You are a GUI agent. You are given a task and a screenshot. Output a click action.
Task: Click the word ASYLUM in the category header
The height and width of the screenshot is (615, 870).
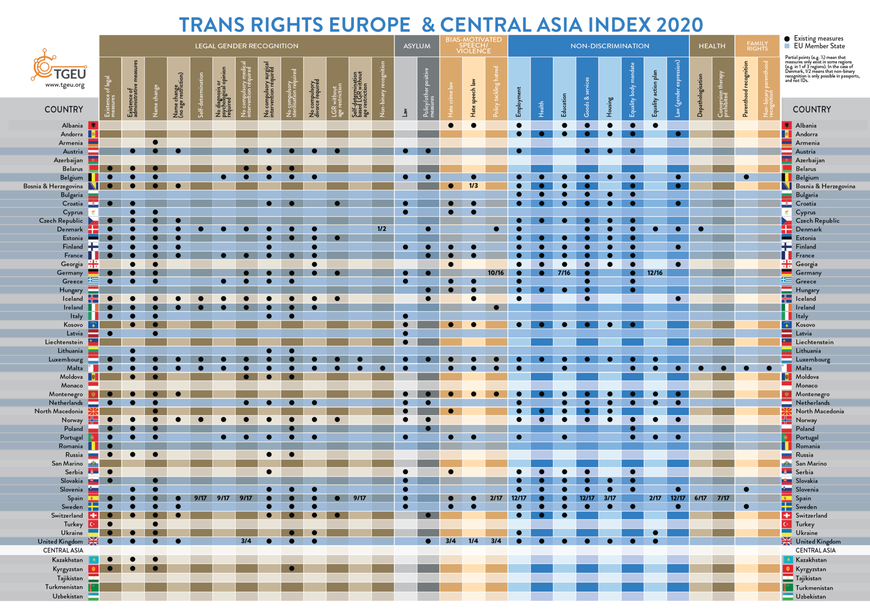[x=417, y=46]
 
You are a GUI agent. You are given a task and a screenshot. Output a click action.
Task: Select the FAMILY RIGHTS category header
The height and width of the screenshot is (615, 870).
[x=757, y=46]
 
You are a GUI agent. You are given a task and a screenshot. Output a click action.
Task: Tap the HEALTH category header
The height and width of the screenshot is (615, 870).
[x=712, y=46]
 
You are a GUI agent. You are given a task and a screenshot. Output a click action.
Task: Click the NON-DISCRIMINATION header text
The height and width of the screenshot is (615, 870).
[x=610, y=46]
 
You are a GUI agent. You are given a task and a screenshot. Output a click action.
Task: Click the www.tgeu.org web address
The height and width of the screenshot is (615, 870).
[x=65, y=85]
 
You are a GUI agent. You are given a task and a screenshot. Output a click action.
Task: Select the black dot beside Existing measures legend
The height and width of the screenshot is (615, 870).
[x=787, y=39]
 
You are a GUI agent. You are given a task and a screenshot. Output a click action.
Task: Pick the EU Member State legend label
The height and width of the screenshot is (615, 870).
[x=819, y=46]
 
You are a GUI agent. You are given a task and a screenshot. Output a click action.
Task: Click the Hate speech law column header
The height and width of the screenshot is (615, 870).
[x=473, y=98]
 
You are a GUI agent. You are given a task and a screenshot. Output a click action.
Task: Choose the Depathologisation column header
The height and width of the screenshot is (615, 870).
[x=701, y=95]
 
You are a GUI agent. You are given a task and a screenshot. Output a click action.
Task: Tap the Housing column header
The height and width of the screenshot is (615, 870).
[x=610, y=107]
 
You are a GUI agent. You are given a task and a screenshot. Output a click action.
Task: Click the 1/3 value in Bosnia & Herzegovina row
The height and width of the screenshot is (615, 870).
[x=473, y=186]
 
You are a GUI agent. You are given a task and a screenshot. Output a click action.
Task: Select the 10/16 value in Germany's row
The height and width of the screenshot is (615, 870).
[x=496, y=273]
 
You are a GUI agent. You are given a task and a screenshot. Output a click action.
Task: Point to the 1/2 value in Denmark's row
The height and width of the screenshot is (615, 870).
[x=382, y=229]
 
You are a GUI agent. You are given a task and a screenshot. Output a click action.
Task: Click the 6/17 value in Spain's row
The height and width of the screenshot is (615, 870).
[x=701, y=498]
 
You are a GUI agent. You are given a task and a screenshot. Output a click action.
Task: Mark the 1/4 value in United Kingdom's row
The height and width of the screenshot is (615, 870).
[x=473, y=541]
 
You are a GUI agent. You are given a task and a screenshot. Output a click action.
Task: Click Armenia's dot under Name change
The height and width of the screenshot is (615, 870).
[x=155, y=142]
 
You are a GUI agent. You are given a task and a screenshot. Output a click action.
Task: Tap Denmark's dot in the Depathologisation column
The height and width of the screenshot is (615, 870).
[x=701, y=229]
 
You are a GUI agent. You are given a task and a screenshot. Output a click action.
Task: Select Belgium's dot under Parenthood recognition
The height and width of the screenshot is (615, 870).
[x=746, y=177]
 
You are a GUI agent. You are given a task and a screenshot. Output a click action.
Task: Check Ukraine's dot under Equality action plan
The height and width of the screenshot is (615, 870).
[x=655, y=533]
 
